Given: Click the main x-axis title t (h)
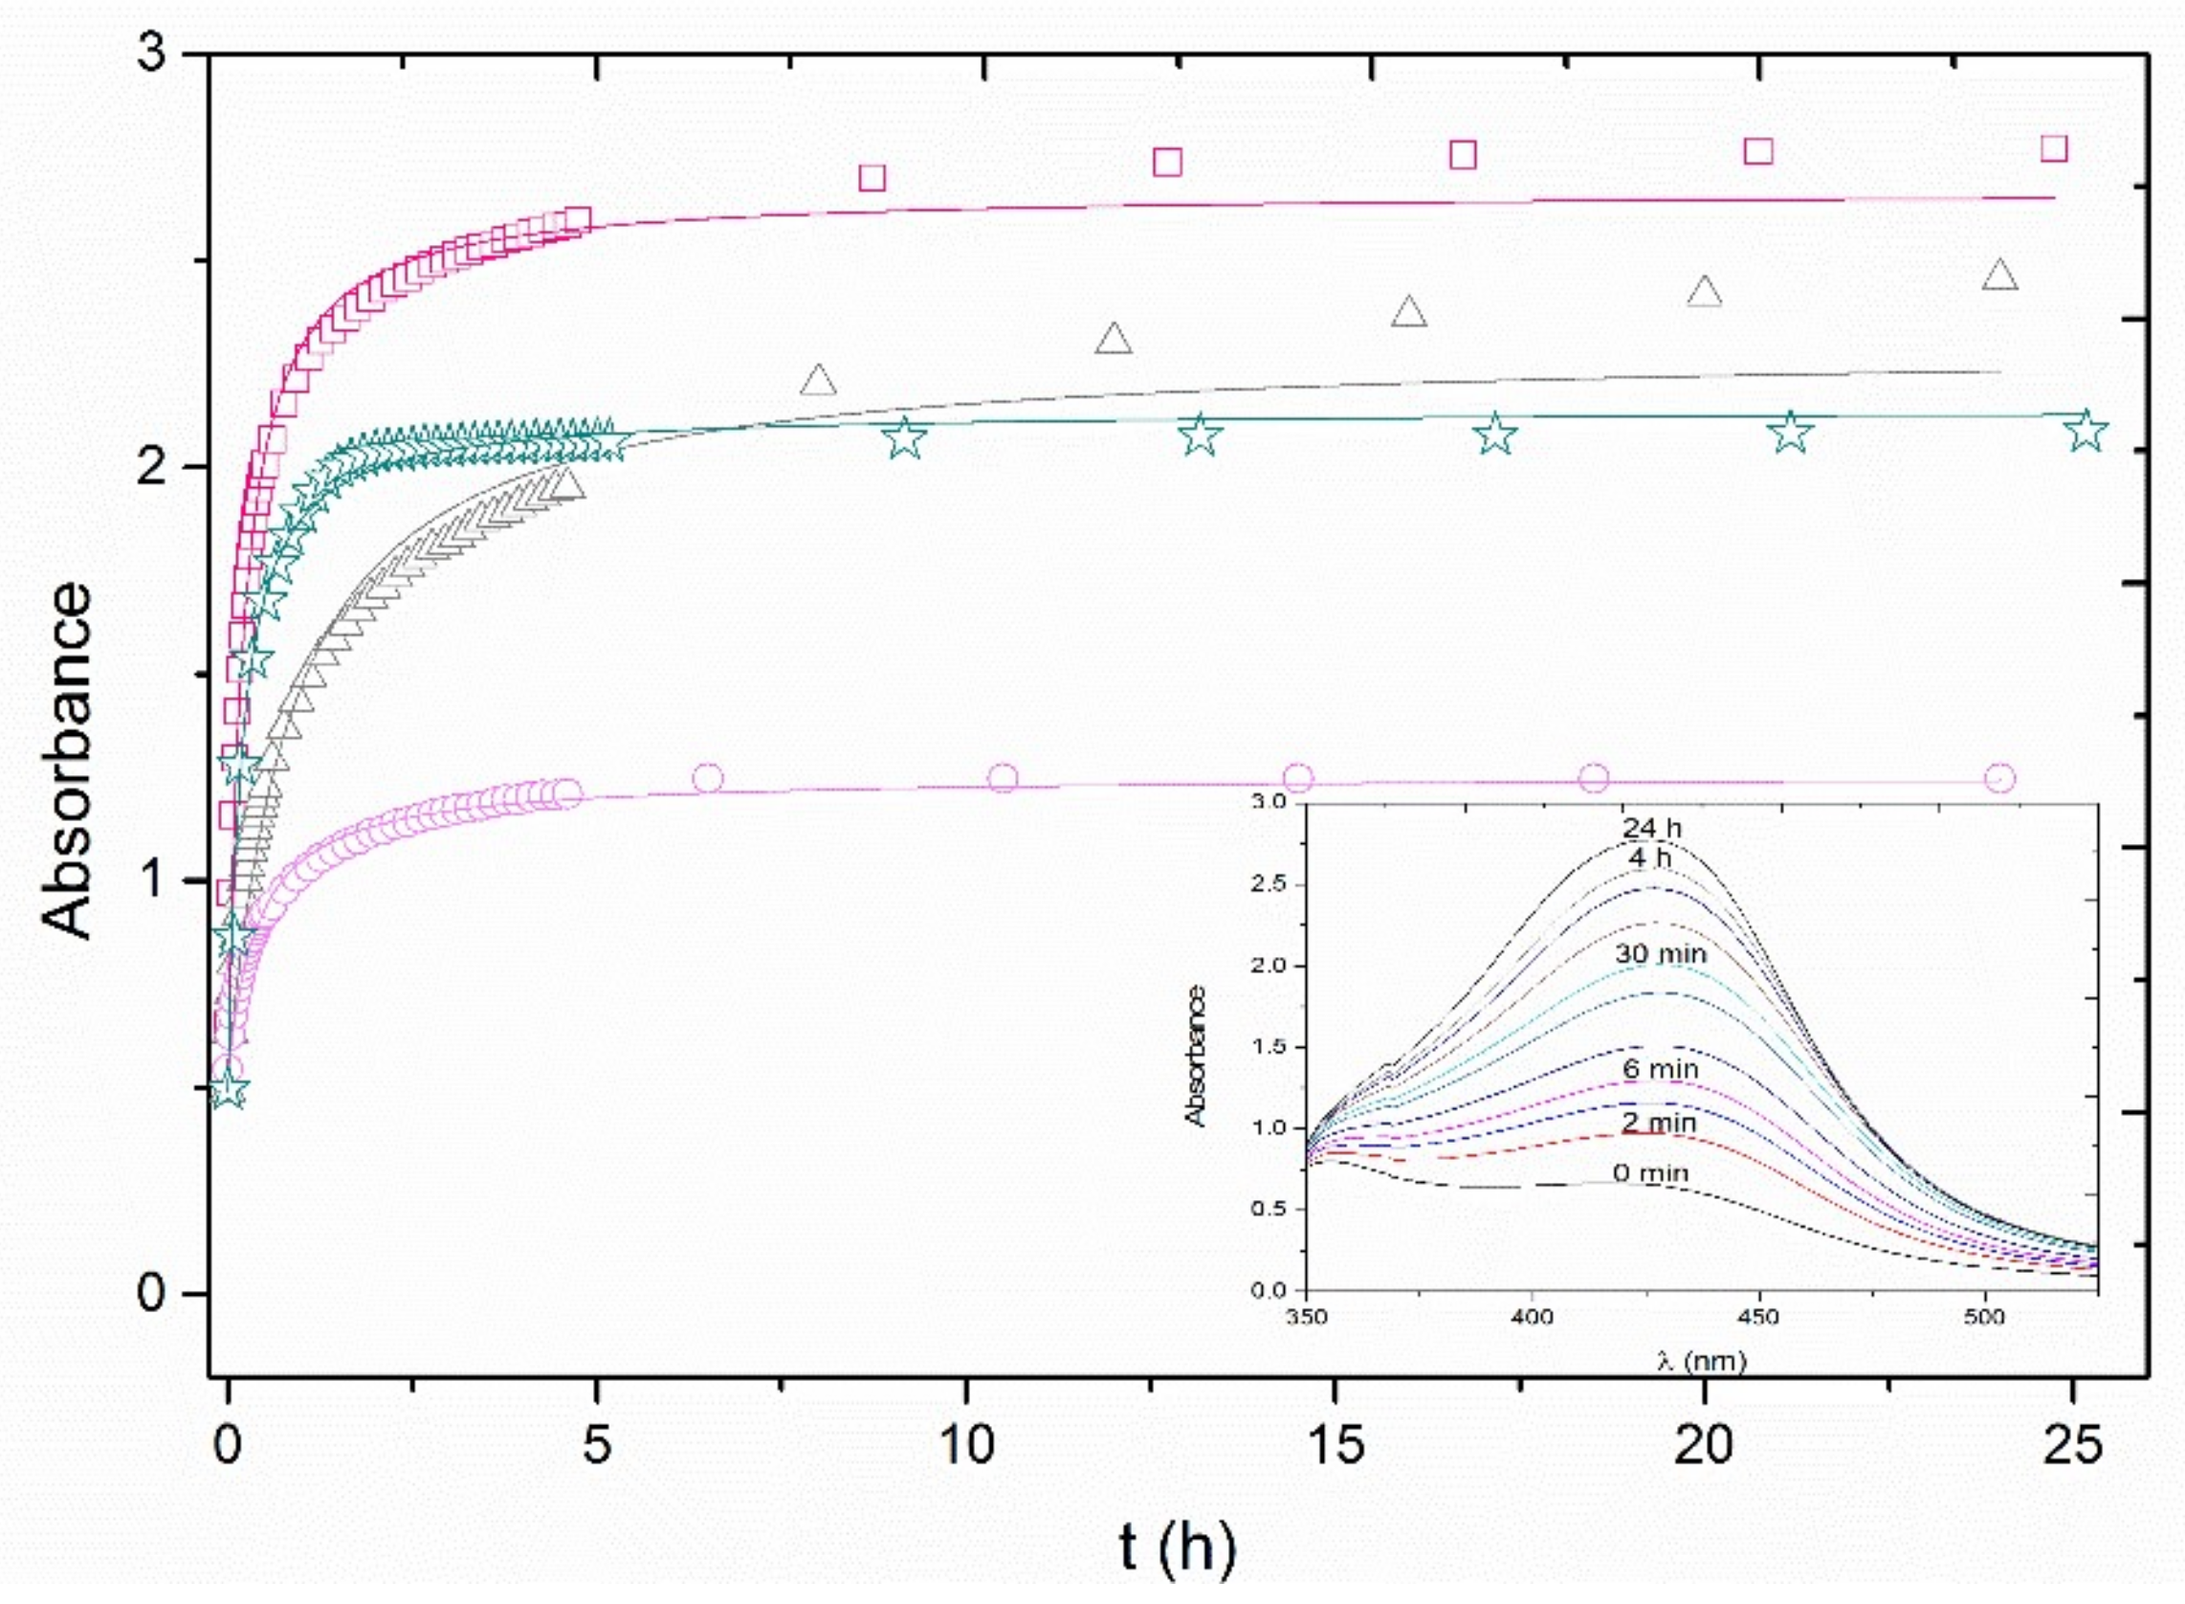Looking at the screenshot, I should pyautogui.click(x=1178, y=1547).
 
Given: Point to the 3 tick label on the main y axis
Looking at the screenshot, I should pyautogui.click(x=151, y=54).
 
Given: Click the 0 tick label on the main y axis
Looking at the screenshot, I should pyautogui.click(x=151, y=1293).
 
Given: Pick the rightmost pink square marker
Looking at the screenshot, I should pyautogui.click(x=2054, y=147).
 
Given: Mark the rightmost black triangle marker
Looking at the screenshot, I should pyautogui.click(x=1999, y=276).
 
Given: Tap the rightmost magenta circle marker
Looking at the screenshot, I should pyautogui.click(x=1999, y=778).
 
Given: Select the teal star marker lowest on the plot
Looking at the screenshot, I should pyautogui.click(x=229, y=1088).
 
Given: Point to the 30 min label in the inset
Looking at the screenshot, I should pyautogui.click(x=1660, y=953).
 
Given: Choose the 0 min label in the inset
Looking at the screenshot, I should pyautogui.click(x=1650, y=1173).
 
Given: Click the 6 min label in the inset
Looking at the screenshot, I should pyautogui.click(x=1660, y=1069).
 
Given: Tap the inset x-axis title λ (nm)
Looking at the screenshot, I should pyautogui.click(x=1701, y=1361).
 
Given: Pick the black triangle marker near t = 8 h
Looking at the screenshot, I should pyautogui.click(x=818, y=381).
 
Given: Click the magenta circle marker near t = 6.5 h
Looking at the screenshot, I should pyautogui.click(x=709, y=778).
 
